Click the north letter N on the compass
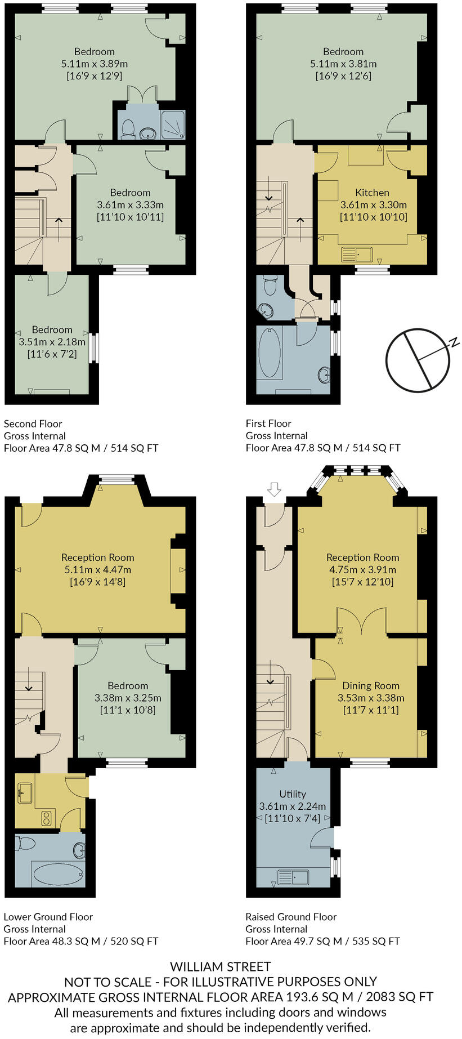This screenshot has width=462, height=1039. point(455,342)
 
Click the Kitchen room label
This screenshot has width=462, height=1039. point(372,193)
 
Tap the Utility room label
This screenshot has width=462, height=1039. point(293,794)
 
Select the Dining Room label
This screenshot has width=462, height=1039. point(371,686)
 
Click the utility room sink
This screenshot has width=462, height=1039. point(293,877)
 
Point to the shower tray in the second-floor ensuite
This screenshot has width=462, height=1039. point(173,124)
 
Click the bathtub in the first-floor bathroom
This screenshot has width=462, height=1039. point(270,352)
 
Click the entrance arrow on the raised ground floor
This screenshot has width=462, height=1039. point(274,489)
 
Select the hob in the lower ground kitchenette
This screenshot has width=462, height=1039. point(47,818)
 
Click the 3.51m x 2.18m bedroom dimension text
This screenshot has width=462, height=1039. point(52,342)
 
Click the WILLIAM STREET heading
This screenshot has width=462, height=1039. point(221,967)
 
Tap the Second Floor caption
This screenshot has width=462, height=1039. point(33,423)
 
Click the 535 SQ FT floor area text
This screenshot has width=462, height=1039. point(376,941)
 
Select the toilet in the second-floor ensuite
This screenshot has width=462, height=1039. point(128,128)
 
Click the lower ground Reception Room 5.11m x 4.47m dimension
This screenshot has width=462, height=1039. point(98,569)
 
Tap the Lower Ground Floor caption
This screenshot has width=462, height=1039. point(48,917)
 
